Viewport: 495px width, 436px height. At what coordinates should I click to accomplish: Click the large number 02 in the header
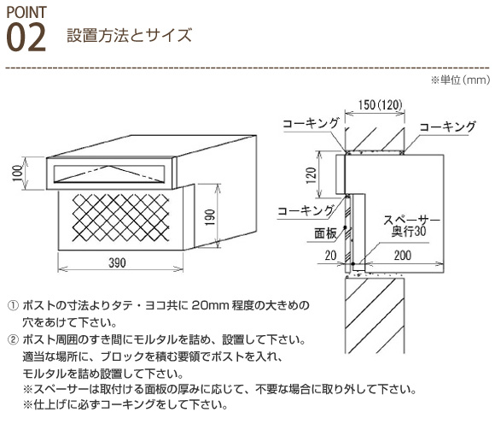26,38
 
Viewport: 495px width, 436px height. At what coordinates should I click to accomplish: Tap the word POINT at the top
26,12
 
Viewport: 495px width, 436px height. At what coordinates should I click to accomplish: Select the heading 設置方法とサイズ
130,35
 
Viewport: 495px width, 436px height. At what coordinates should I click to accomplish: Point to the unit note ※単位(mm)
460,80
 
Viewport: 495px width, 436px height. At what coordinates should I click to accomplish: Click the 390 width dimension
117,262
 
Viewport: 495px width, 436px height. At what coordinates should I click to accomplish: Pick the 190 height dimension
210,217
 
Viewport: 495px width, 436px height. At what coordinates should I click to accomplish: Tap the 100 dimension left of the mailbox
18,174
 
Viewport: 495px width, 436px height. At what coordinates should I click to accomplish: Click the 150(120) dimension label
381,105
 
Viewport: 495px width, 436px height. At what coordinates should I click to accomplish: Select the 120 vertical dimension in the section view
312,175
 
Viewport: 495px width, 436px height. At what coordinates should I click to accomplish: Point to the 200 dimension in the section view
403,255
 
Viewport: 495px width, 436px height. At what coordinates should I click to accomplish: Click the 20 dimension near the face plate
330,255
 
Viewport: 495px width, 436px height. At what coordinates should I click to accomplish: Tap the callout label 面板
325,233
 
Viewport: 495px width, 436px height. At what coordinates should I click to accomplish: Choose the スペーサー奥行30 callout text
411,226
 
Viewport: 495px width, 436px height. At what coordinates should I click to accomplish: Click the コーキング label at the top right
447,127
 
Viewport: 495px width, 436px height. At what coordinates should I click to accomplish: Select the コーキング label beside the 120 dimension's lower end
306,210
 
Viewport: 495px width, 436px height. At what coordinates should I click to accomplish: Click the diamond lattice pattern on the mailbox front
120,217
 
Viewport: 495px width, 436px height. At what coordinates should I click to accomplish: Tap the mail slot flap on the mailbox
109,174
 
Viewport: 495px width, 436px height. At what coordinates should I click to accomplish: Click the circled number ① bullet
13,306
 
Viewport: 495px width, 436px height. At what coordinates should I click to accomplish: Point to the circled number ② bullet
13,340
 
